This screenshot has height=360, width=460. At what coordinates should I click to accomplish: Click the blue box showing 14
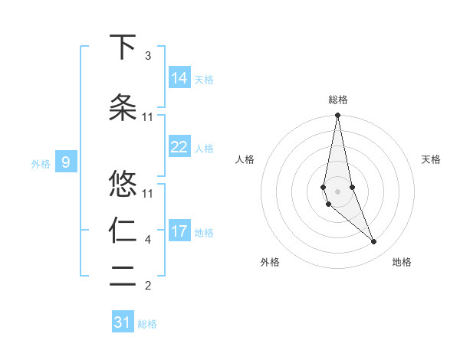click(x=179, y=77)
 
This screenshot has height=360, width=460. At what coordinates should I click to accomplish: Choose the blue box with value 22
click(x=179, y=147)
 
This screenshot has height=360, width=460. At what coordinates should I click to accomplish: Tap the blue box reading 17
click(x=179, y=231)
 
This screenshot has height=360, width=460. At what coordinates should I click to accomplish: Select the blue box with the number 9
click(x=66, y=162)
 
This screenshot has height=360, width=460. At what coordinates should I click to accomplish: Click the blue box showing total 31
click(x=123, y=322)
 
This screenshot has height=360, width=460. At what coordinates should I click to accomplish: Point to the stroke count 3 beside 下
click(x=148, y=56)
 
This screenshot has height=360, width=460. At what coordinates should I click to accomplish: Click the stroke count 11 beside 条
click(x=148, y=116)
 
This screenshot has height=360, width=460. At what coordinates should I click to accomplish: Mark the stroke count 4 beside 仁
click(x=148, y=240)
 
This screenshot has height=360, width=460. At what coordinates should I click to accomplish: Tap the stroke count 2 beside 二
click(x=148, y=286)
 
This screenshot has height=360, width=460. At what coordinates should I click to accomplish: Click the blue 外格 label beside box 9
click(x=41, y=162)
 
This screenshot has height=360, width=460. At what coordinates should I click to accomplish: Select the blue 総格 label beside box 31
click(x=147, y=323)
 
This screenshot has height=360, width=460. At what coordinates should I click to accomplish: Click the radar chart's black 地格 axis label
click(x=402, y=262)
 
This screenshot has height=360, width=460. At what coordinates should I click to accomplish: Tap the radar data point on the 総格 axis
click(x=337, y=116)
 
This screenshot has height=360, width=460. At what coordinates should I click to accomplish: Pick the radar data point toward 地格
click(x=373, y=242)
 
